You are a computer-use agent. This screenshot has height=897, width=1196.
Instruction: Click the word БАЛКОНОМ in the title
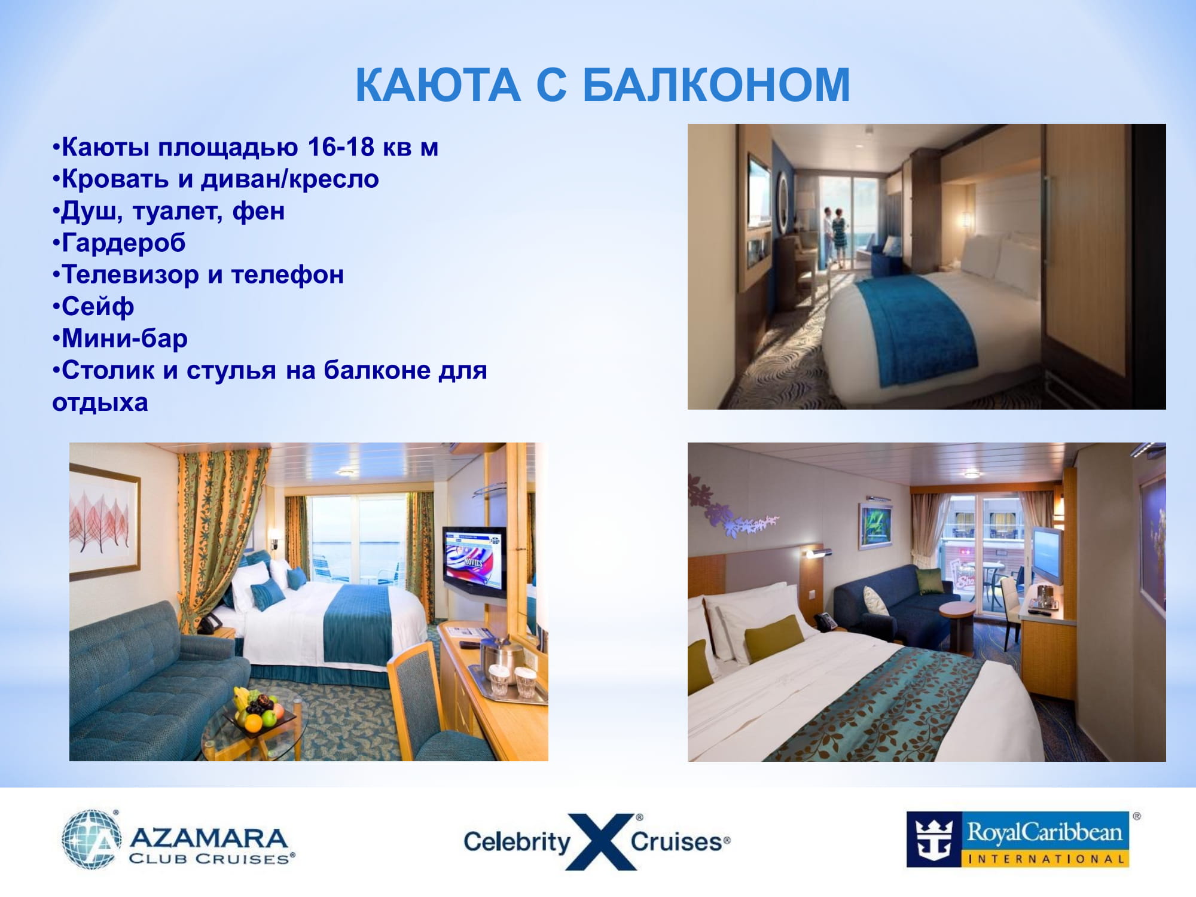point(716,85)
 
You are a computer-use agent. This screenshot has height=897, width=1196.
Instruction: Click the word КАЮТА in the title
point(438,85)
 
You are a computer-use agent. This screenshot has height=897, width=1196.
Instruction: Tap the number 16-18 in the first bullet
point(341,147)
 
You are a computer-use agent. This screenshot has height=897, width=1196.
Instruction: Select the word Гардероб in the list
point(124,243)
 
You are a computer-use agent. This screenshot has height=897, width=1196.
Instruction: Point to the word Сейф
point(97,307)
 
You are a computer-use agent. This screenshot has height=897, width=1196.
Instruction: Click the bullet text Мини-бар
point(124,338)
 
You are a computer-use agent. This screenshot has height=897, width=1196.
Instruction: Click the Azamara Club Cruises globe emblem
point(91,839)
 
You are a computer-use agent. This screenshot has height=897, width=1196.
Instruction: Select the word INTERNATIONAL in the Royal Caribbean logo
point(1045,859)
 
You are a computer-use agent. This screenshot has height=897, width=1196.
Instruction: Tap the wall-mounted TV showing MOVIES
point(474,561)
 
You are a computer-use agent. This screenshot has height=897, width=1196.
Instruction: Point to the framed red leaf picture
point(105,521)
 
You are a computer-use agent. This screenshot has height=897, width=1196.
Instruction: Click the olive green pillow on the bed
point(774,638)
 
